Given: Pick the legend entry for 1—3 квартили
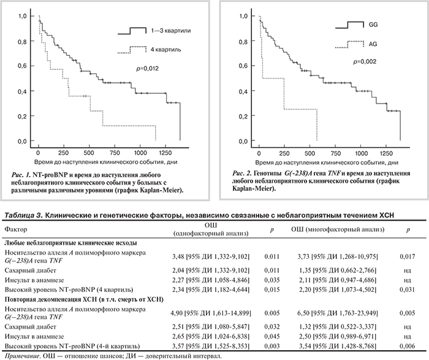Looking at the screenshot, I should click(164, 29).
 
